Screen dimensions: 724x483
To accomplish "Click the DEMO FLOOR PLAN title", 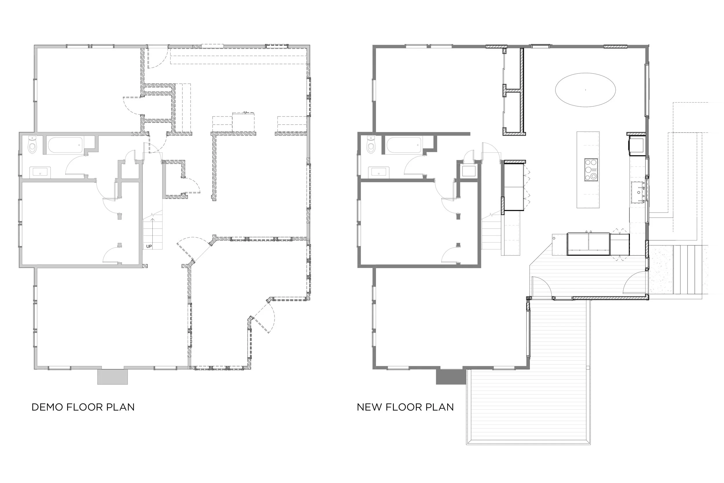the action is [x=83, y=407].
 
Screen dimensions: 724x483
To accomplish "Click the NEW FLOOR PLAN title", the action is [x=405, y=407].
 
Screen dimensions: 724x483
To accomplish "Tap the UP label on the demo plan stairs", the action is [x=149, y=247].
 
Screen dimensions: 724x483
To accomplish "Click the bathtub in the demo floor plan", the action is [x=65, y=145].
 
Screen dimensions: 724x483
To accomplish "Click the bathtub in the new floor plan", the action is [x=404, y=145].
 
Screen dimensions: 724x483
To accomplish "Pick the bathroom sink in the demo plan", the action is [x=40, y=172].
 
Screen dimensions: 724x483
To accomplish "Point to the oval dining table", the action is [x=585, y=90].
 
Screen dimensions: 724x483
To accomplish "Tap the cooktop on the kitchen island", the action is [x=591, y=169].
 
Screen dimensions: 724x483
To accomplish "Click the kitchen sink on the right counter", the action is [x=639, y=192].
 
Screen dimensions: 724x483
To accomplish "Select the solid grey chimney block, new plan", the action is [x=451, y=376].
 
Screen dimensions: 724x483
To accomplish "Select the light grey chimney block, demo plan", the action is [x=112, y=376].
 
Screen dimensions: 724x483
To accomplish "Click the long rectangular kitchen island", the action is [x=588, y=170].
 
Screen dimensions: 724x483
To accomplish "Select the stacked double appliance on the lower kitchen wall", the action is [x=588, y=244].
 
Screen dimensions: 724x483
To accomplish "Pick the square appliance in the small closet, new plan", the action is [x=468, y=171].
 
